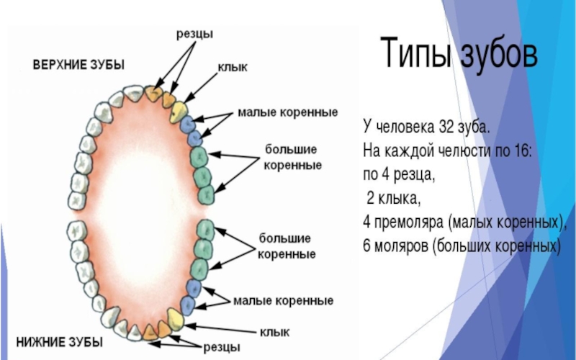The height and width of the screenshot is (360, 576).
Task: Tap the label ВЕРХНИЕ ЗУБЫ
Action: (78, 65)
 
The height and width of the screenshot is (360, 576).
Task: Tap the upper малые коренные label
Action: (289, 114)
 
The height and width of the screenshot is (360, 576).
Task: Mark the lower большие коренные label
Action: (287, 246)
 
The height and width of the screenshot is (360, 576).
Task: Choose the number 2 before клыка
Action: (372, 198)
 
